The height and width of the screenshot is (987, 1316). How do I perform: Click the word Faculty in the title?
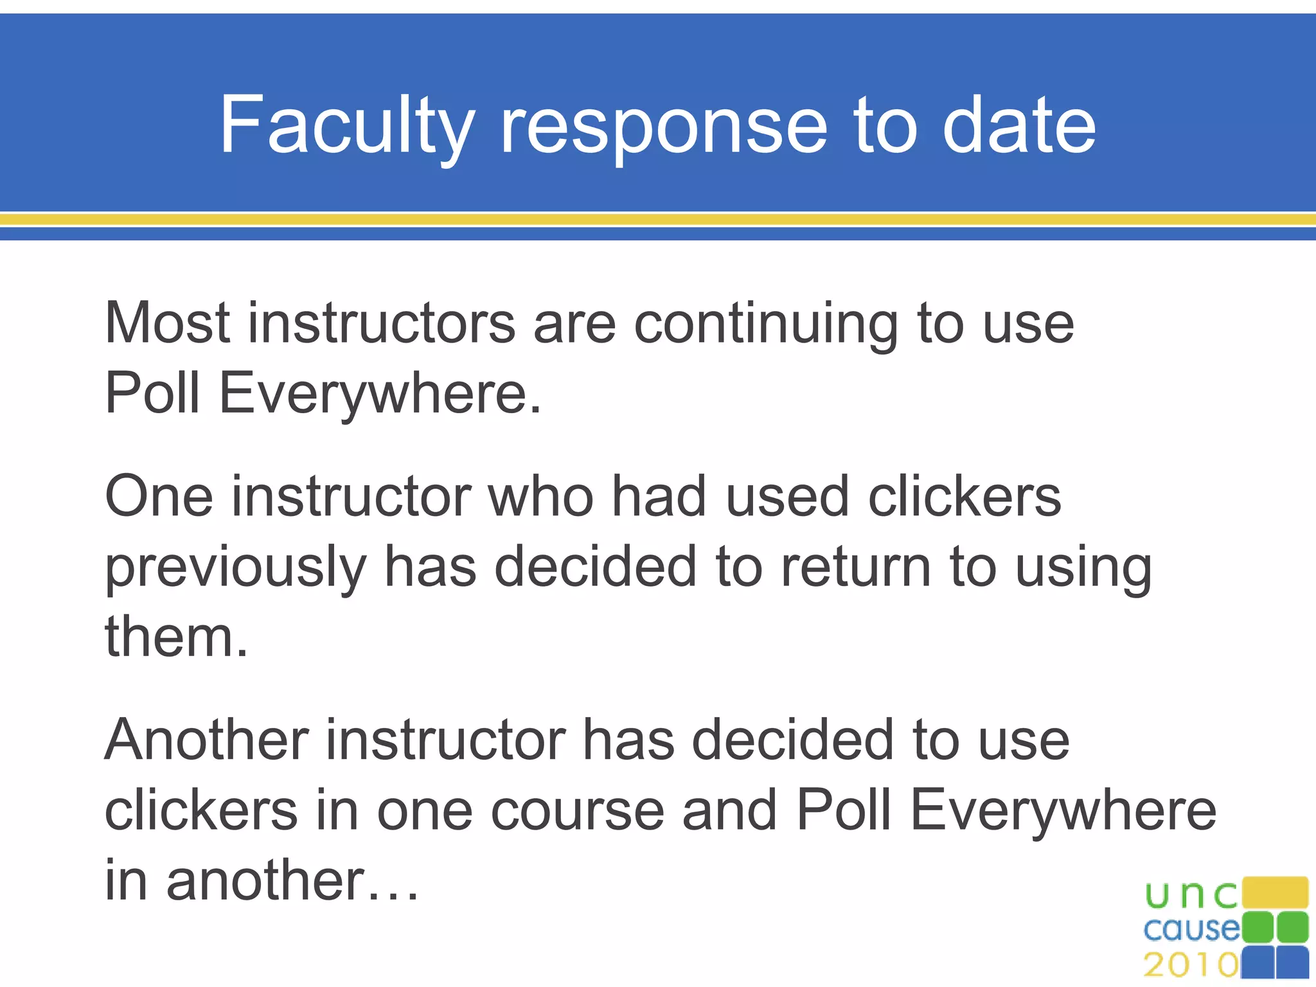(347, 125)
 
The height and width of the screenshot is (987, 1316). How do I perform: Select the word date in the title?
(1019, 125)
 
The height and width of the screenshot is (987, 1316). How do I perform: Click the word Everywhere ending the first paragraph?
(380, 393)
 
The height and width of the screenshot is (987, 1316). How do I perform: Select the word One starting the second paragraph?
(159, 497)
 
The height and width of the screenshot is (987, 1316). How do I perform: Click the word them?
(175, 637)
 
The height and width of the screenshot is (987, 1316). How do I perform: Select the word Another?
(206, 740)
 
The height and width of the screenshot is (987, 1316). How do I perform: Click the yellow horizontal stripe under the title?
(658, 220)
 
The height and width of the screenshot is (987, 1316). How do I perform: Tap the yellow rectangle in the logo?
(1275, 893)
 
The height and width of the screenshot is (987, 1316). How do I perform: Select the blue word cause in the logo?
(1191, 930)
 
